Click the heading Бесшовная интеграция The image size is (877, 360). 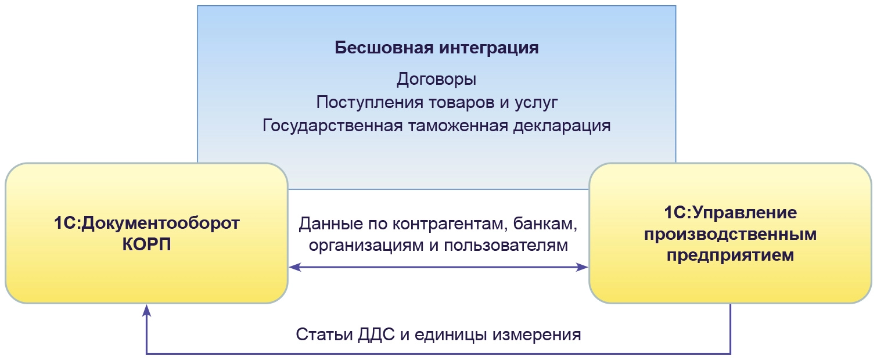pyautogui.click(x=437, y=48)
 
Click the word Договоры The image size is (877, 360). pyautogui.click(x=437, y=80)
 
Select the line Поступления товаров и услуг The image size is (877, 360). pyautogui.click(x=437, y=103)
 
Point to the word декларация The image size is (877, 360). pyautogui.click(x=562, y=126)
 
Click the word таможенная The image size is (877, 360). pyautogui.click(x=457, y=126)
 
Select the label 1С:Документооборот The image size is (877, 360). pyautogui.click(x=147, y=224)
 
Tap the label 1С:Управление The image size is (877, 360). pyautogui.click(x=730, y=213)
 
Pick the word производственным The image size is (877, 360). pyautogui.click(x=730, y=234)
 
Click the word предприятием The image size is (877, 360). pyautogui.click(x=730, y=255)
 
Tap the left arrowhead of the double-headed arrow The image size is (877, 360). pyautogui.click(x=294, y=267)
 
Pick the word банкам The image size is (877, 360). pyautogui.click(x=549, y=224)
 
